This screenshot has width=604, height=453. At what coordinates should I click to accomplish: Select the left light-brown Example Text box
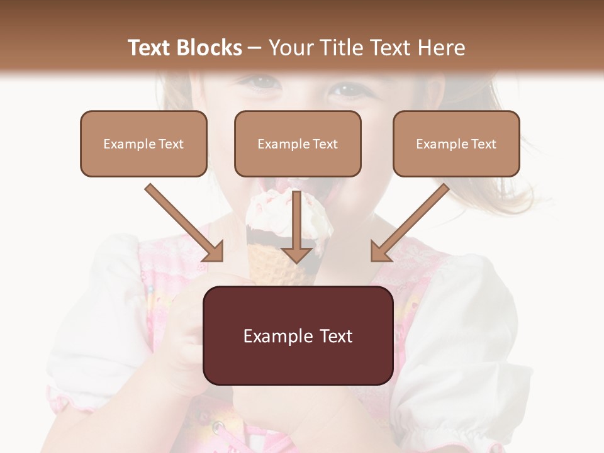[x=143, y=143]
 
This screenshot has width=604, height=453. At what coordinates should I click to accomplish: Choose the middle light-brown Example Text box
[x=298, y=143]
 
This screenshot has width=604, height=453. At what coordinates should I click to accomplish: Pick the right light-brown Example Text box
[x=456, y=143]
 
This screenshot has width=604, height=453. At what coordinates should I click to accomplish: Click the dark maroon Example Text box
[x=298, y=335]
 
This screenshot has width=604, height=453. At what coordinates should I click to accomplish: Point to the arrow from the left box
[x=186, y=223]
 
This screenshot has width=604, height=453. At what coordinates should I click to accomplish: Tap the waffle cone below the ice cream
[x=267, y=264]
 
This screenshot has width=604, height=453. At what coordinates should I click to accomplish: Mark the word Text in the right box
[x=483, y=143]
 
